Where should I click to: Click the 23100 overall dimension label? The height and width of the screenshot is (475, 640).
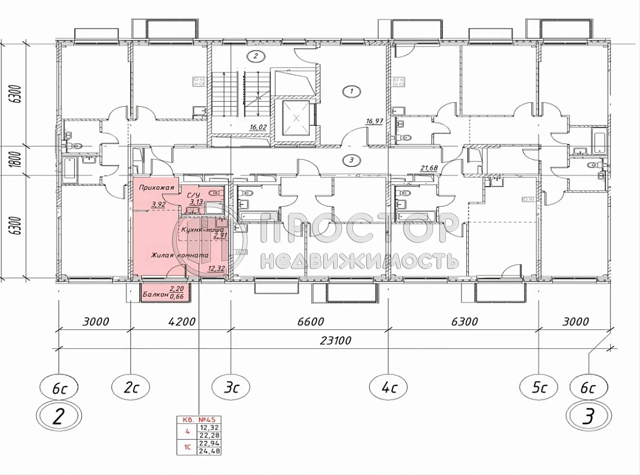click(336, 340)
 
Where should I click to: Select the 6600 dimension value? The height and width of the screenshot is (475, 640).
click(310, 322)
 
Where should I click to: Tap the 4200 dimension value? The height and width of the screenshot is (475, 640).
click(182, 322)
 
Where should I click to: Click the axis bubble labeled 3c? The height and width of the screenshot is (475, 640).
click(231, 387)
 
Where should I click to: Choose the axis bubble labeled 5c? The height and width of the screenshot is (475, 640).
click(538, 387)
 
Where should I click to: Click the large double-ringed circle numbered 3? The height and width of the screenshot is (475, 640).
click(588, 417)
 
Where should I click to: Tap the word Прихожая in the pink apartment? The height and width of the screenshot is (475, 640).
click(156, 187)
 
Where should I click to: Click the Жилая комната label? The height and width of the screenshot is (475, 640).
click(180, 255)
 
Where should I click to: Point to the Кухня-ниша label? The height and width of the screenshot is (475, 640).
click(202, 230)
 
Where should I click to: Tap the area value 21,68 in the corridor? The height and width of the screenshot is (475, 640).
click(429, 168)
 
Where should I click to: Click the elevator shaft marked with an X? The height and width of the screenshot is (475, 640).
click(296, 118)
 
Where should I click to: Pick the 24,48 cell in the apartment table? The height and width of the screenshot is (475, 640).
click(209, 451)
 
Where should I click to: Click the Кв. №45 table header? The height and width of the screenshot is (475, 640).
click(199, 420)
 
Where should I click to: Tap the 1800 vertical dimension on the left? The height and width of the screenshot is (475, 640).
click(16, 161)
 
